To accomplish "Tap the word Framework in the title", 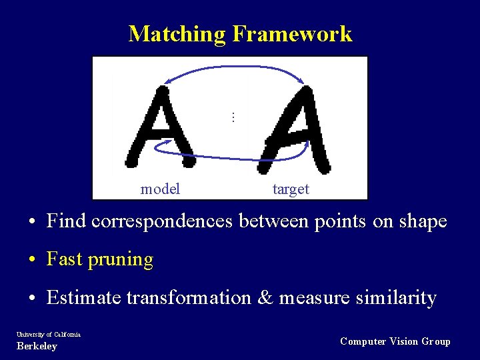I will [x=292, y=33].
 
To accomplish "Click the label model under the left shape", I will [x=160, y=189].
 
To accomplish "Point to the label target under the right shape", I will [x=291, y=189].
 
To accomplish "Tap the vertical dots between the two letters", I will [x=233, y=117].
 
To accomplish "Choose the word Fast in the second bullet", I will [x=63, y=259].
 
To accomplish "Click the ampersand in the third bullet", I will [x=265, y=297].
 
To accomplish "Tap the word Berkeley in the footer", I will [x=37, y=346].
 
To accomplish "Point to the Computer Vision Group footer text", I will [x=395, y=341].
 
